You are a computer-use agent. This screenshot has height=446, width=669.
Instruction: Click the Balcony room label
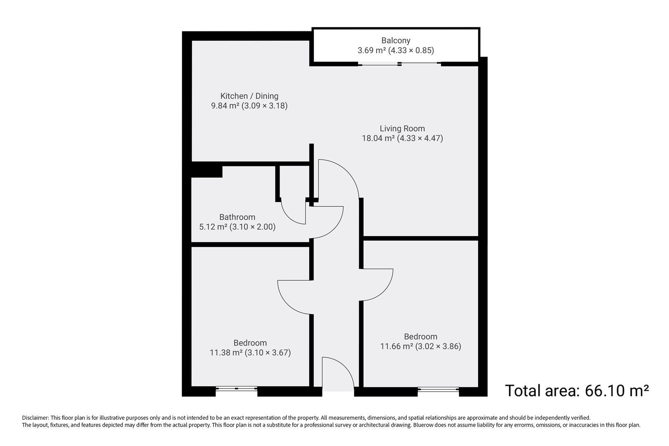pyautogui.click(x=396, y=40)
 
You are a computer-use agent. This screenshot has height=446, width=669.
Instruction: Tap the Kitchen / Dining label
pyautogui.click(x=249, y=96)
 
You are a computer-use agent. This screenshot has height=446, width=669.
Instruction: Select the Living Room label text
pyautogui.click(x=402, y=128)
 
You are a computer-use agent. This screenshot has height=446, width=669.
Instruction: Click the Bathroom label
pyautogui.click(x=237, y=217)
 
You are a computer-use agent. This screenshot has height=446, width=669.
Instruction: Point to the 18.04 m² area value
pyautogui.click(x=378, y=138)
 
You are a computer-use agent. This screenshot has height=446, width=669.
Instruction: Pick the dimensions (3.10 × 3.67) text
pyautogui.click(x=268, y=353)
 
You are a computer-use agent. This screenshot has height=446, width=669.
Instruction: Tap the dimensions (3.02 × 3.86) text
pyautogui.click(x=438, y=346)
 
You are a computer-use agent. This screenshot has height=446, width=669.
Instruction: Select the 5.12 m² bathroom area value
pyautogui.click(x=213, y=227)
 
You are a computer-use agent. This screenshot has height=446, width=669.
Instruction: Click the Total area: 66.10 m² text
pyautogui.click(x=577, y=390)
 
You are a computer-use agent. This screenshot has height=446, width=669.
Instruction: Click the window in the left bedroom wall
pyautogui.click(x=237, y=389)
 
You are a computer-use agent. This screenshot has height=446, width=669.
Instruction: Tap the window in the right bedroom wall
pyautogui.click(x=438, y=389)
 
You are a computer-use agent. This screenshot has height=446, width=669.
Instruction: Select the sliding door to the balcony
pyautogui.click(x=399, y=64)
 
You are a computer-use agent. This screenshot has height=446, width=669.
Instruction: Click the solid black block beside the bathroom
pyautogui.click(x=206, y=171)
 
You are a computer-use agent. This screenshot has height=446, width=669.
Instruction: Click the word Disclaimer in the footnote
pyautogui.click(x=35, y=418)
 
